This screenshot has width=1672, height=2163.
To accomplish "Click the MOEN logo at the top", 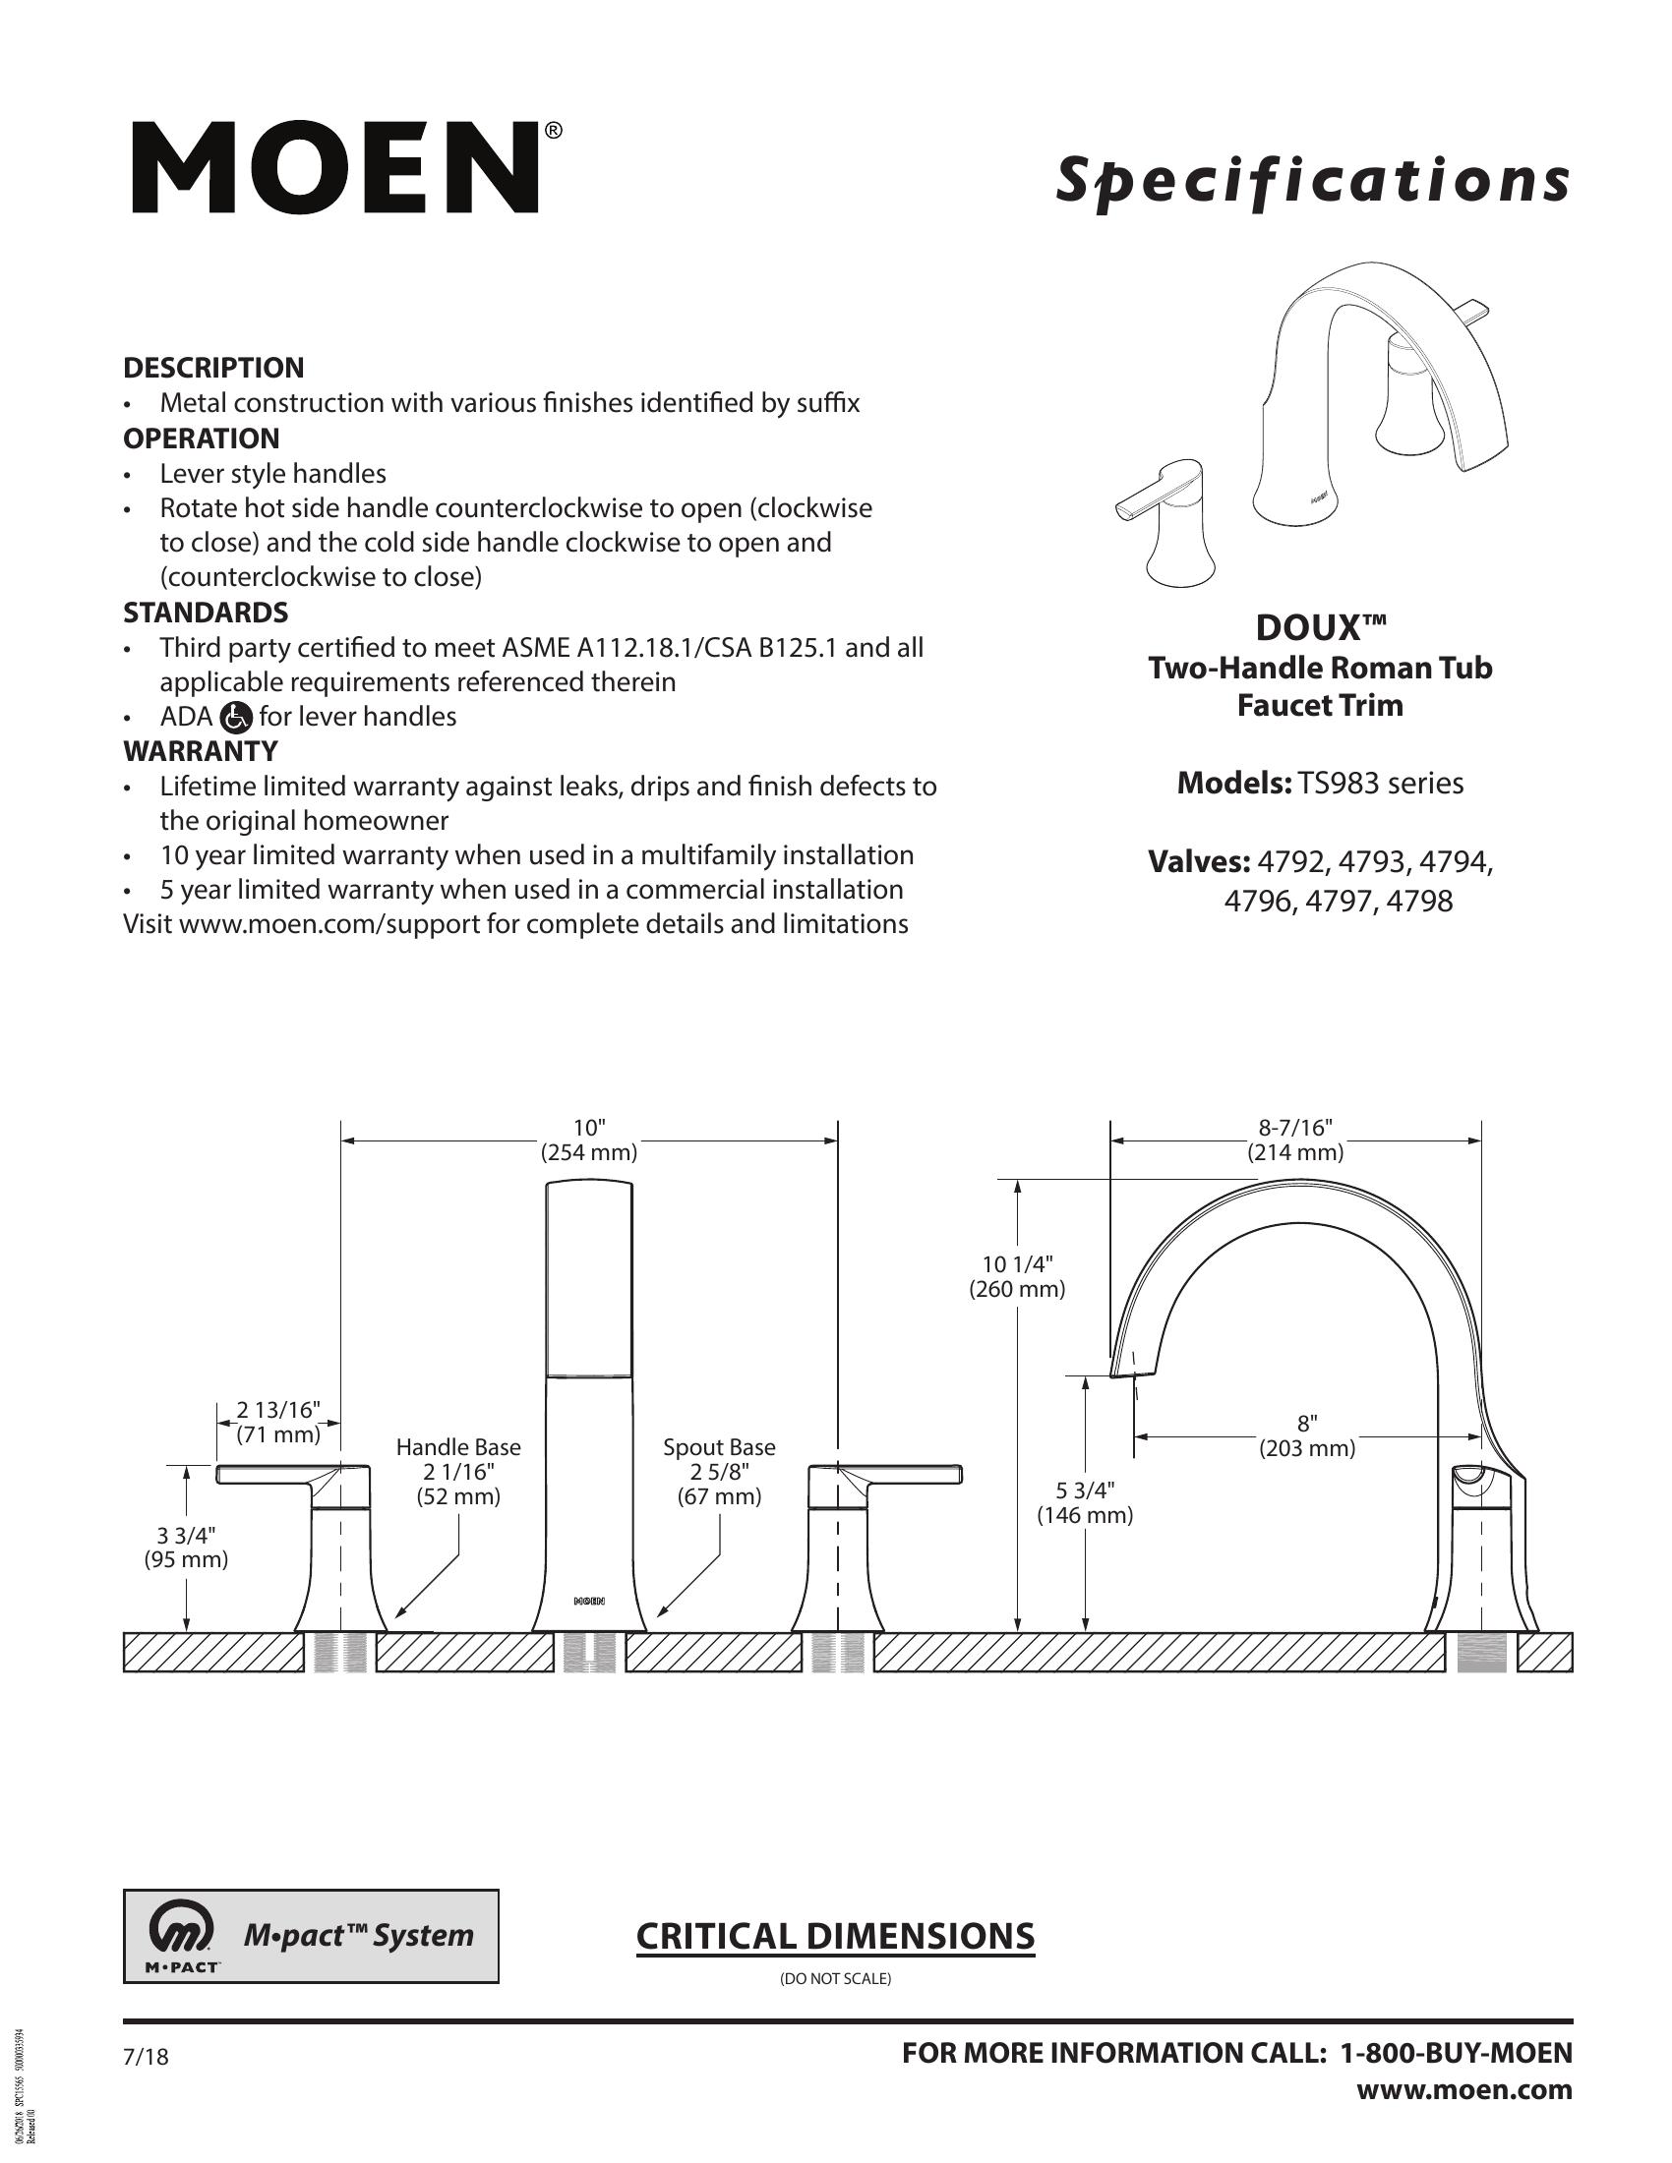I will [336, 167].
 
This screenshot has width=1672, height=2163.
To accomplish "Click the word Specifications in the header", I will [1312, 181].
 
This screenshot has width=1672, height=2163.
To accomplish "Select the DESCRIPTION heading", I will [213, 368].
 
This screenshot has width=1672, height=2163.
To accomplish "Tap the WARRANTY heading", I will [200, 751].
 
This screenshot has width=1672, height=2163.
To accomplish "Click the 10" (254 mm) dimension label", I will [588, 1140].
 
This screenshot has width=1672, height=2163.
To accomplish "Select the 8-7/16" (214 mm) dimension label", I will [1294, 1140].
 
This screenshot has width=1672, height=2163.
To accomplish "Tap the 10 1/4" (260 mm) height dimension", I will [1016, 1276].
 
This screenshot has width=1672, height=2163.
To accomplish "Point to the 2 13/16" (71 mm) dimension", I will [278, 1423].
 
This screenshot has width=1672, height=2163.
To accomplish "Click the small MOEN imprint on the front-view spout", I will [589, 1600].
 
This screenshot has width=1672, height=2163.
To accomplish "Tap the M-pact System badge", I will [310, 1936].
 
